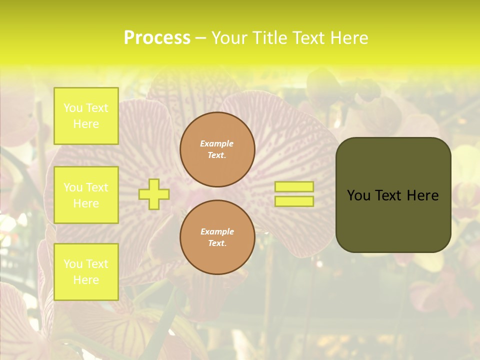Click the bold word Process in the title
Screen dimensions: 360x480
157,38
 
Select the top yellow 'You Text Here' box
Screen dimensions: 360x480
86,116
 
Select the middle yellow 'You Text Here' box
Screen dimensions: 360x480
86,195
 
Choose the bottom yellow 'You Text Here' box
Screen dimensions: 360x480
86,272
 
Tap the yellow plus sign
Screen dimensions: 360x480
154,194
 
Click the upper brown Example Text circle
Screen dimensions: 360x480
217,149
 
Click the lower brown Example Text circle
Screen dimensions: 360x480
217,237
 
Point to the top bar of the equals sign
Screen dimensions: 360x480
294,187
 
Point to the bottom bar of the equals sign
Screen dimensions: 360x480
294,201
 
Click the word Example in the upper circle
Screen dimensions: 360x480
217,143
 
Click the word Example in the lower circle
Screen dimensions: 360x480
217,231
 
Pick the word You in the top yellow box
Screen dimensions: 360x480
72,108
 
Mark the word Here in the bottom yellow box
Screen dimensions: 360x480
86,280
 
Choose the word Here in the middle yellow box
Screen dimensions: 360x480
86,203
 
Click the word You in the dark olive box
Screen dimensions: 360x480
358,195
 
